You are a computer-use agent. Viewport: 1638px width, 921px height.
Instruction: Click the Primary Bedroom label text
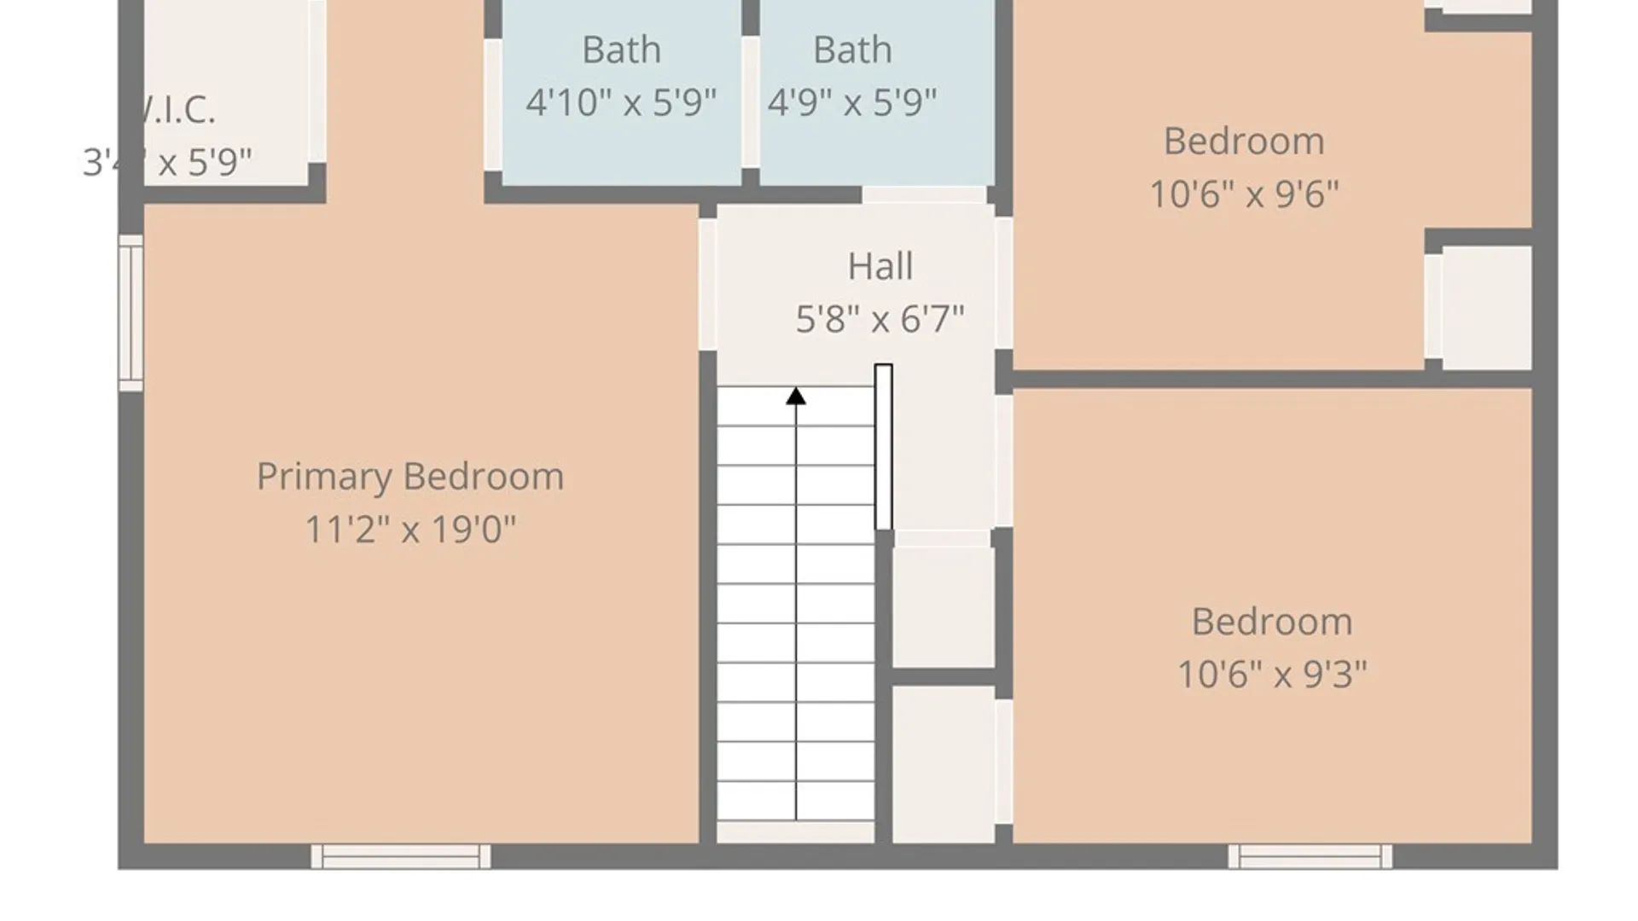pos(410,476)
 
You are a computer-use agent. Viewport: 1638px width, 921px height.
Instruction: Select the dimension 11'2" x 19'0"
pos(410,529)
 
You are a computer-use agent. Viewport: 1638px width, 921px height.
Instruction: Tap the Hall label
pos(880,266)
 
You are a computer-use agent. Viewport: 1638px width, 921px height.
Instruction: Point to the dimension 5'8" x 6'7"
pos(880,319)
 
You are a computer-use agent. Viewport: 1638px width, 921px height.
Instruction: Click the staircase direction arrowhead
pos(796,397)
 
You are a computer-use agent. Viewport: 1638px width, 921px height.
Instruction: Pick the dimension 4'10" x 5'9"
pos(621,102)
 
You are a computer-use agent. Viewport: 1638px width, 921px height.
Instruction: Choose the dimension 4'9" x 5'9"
pos(852,102)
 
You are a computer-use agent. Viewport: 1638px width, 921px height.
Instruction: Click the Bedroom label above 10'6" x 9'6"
pos(1244,141)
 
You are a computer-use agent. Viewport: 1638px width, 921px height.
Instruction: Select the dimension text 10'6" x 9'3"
pos(1272,674)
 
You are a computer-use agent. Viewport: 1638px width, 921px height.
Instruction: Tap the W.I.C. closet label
pos(176,109)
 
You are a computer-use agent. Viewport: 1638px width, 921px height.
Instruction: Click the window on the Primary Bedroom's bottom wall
pos(401,856)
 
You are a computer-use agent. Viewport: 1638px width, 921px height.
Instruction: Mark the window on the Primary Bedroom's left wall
pos(131,313)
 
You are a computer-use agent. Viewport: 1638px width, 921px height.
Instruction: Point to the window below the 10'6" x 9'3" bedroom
pos(1310,856)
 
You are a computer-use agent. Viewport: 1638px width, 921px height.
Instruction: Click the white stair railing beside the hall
pos(884,447)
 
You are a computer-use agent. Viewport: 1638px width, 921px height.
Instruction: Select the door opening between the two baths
pos(750,102)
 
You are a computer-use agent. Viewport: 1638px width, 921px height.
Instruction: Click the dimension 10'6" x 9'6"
pos(1244,194)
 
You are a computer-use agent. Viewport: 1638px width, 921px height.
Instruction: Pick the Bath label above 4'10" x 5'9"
pos(621,49)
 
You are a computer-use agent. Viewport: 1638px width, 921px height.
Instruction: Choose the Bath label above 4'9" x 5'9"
pos(852,49)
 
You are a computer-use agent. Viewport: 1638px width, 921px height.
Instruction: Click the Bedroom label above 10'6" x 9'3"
pos(1272,621)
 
